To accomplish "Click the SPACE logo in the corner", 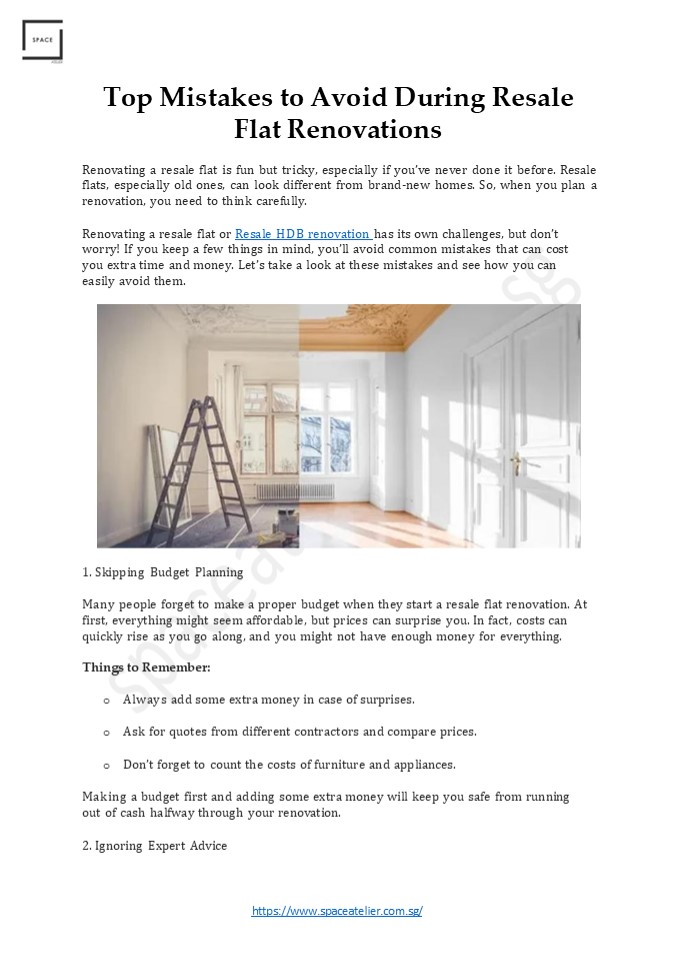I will [x=42, y=41].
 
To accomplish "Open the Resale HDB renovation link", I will [x=302, y=234].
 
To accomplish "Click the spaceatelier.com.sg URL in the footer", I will [x=337, y=911].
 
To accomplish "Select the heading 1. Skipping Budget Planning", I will [x=162, y=573].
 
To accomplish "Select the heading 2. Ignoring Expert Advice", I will [x=154, y=846].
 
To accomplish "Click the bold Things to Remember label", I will [x=146, y=667].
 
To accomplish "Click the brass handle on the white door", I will [x=515, y=463].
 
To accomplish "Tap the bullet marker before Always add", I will [x=106, y=700].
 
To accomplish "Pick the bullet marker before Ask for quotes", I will [x=106, y=732].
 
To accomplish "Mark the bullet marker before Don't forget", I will [x=106, y=765].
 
